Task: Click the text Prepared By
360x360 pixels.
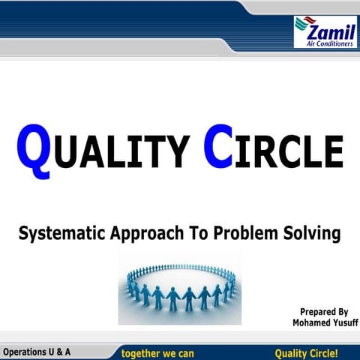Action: click(324, 311)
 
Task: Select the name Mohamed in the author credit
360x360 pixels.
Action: click(310, 323)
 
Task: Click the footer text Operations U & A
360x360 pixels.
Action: click(37, 351)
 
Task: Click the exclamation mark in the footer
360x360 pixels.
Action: click(336, 352)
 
